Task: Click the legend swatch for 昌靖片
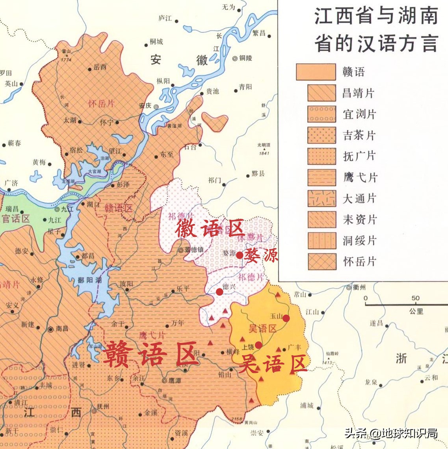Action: [322, 93]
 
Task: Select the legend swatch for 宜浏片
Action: [322, 114]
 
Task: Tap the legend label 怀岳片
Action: [359, 261]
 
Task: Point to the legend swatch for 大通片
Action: [322, 198]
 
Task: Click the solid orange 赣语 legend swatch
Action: [316, 72]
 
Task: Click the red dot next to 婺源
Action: [240, 255]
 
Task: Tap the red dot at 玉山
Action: [286, 318]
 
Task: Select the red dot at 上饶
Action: [258, 345]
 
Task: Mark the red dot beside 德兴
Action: [219, 292]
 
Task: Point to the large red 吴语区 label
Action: [272, 363]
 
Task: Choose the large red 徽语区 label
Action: [210, 229]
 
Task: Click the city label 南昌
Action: [62, 328]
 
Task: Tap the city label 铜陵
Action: [245, 58]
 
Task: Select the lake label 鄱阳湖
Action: [90, 280]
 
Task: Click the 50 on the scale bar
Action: [415, 298]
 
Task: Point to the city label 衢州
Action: [359, 287]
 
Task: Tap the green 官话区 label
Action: [16, 218]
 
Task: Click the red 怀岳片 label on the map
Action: [101, 104]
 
